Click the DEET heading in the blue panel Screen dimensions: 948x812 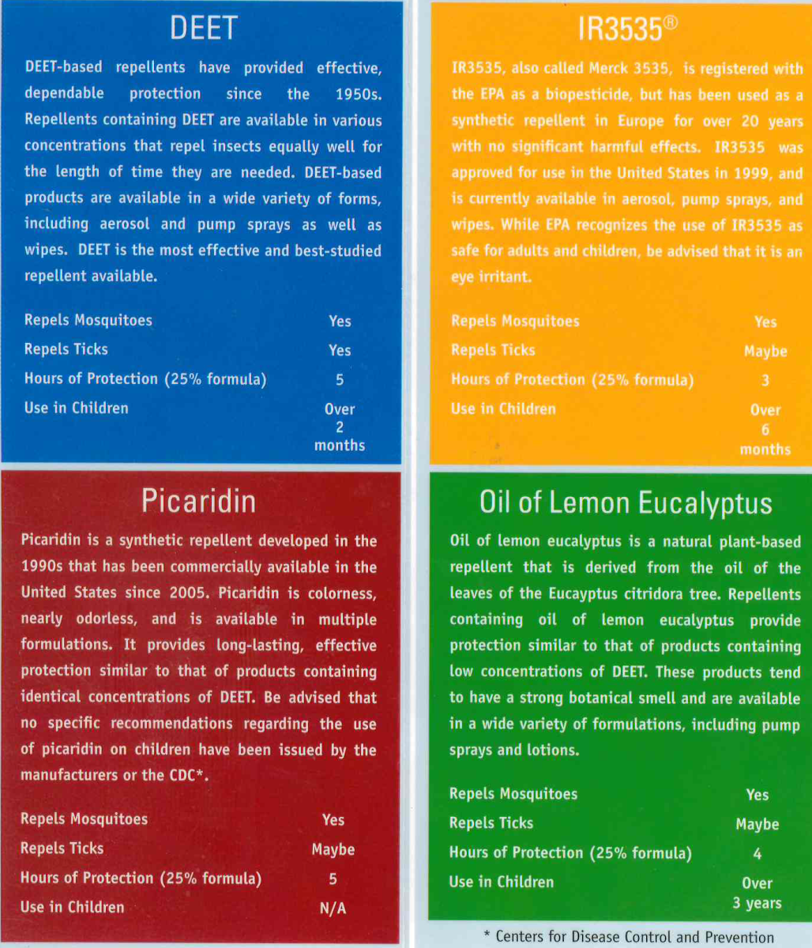pos(203,28)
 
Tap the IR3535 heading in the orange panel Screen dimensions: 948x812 pos(620,29)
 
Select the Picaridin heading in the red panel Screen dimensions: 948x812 pos(198,501)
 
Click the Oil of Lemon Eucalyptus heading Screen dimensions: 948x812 pos(626,503)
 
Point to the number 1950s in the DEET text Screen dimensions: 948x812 pos(358,94)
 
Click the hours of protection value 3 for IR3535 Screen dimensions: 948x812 pos(765,381)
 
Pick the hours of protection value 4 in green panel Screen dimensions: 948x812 pos(757,854)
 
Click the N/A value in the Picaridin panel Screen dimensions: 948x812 pos(333,908)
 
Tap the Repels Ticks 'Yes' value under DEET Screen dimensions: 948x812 pos(340,350)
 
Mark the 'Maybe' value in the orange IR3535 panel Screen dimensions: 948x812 pos(765,352)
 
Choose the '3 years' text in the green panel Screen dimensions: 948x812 pos(757,903)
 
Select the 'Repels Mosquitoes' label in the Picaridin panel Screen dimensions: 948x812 pos(84,818)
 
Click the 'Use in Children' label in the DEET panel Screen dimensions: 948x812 pos(76,408)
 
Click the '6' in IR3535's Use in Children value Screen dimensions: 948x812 pos(765,430)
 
